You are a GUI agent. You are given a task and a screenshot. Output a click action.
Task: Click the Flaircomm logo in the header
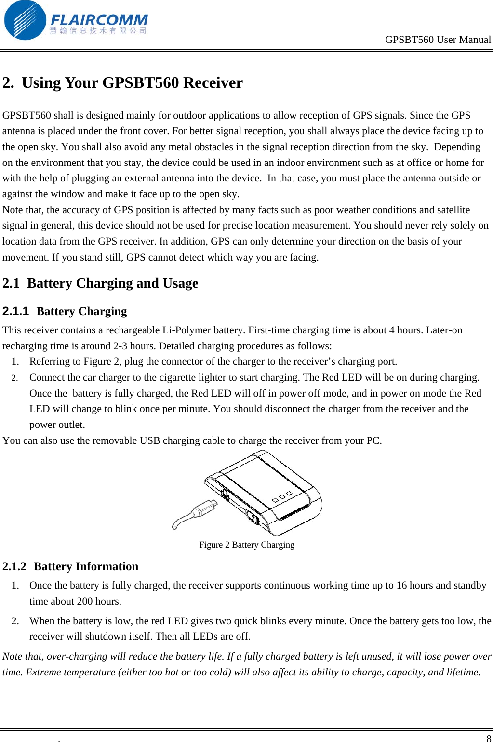point(75,21)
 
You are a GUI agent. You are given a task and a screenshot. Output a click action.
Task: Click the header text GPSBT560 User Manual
point(438,40)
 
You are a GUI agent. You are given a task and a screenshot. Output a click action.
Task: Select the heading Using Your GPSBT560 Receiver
point(132,83)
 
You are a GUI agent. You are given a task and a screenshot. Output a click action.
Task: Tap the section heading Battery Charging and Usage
point(112,283)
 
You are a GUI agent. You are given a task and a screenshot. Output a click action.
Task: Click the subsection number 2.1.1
point(15,311)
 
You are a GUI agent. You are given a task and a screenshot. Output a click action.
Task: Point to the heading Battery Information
point(86,566)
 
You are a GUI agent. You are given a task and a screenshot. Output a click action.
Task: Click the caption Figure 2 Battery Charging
point(246,545)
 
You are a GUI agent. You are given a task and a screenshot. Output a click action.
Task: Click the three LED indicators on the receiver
point(282,497)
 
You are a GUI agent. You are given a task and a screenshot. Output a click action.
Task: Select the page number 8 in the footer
point(489,738)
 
